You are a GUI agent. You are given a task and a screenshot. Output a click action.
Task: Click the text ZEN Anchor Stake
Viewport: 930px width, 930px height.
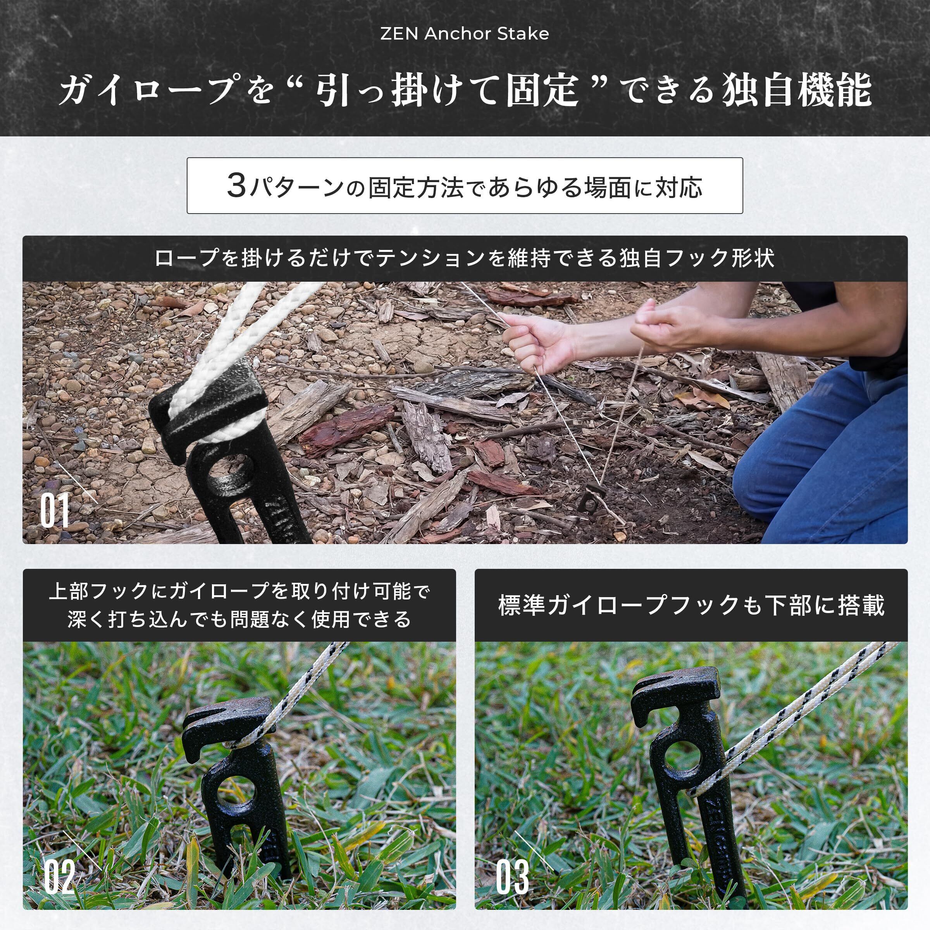465,34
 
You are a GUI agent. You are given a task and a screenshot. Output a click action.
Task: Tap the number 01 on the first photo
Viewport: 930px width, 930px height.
54,511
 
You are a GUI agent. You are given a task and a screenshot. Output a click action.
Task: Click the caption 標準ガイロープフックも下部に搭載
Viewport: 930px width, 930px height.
691,605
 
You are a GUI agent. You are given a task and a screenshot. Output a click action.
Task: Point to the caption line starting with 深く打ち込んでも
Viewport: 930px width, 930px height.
239,620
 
